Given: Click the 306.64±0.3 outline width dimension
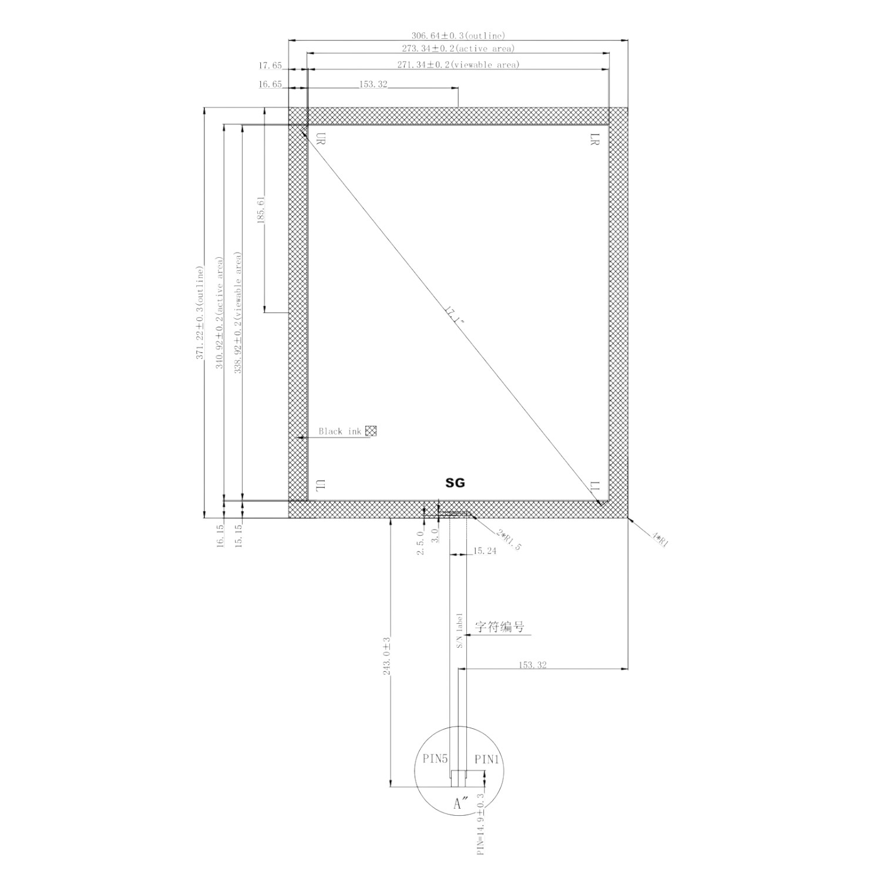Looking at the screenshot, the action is coord(458,36).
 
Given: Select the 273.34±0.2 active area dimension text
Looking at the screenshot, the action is coord(458,49).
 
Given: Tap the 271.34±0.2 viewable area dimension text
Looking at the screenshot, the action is coord(458,65).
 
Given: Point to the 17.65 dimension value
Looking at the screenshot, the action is coord(270,66).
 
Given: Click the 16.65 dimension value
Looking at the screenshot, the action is coord(270,85).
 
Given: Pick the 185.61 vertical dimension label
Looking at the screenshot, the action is coord(261,208).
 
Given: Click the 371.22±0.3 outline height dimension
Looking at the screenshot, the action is coord(200,313).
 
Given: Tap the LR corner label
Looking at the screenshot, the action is coord(595,139).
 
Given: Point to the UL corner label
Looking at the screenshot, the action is coord(321,486).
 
